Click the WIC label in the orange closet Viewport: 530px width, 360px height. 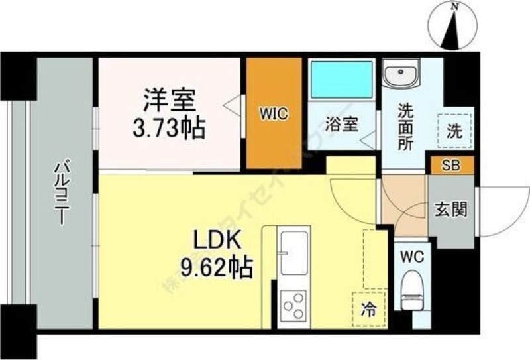coord(274,113)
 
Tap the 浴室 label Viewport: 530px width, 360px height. coord(343,124)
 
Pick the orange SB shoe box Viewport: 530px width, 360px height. coord(451,165)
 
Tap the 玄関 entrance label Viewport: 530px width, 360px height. coord(451,210)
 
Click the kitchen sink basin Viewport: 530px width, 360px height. coord(293,253)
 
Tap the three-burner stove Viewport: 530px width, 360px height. coord(293,306)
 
